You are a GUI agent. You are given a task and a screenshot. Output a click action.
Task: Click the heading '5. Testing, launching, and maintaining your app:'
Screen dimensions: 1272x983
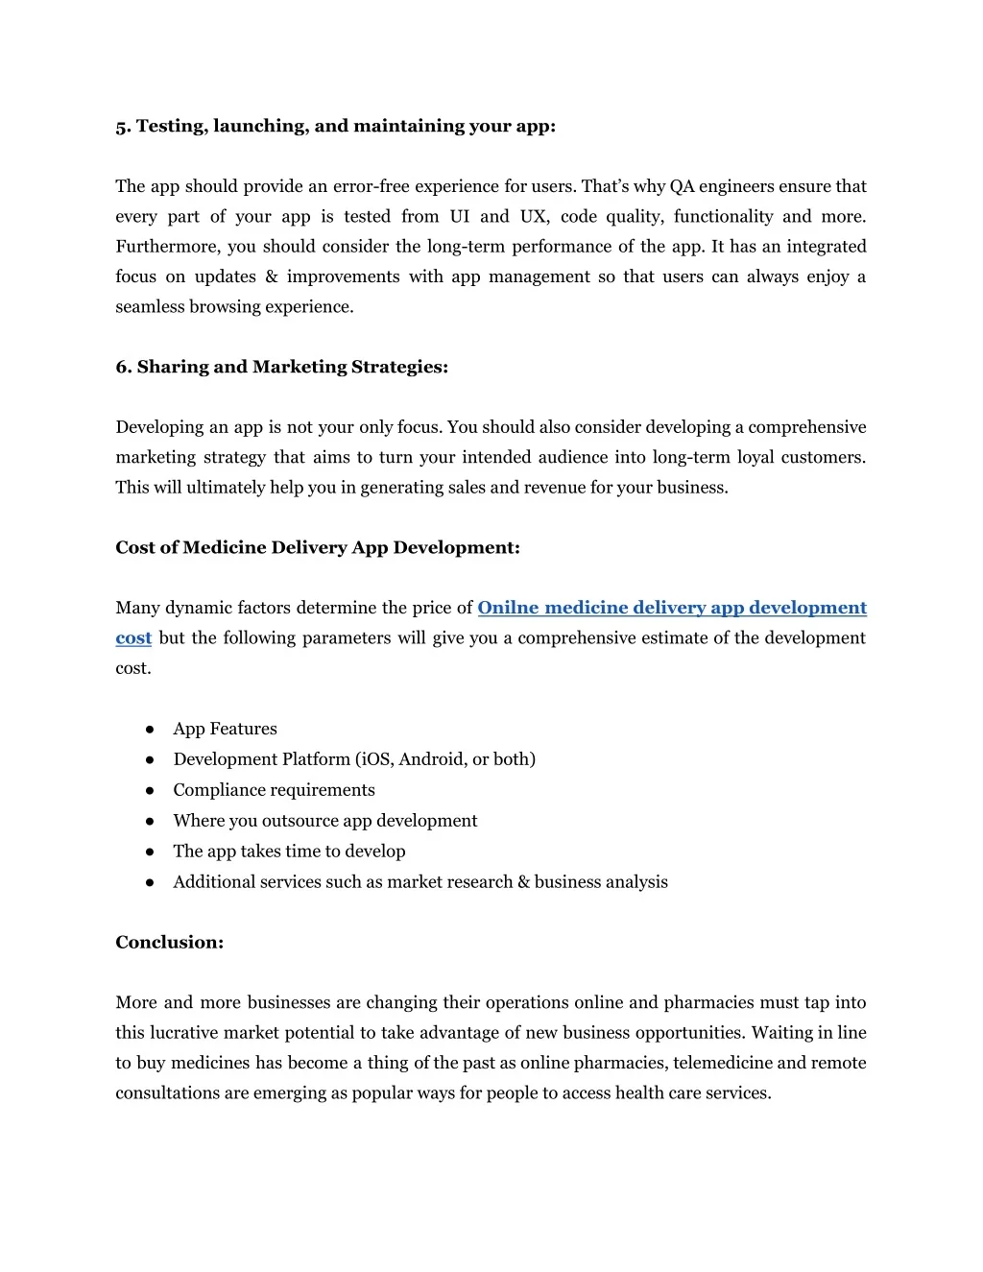[x=335, y=127]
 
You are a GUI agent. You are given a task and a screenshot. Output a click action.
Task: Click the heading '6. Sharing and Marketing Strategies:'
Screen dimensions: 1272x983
[x=281, y=367]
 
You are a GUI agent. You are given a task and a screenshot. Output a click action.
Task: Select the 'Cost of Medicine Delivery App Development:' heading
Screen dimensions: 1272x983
[x=318, y=547]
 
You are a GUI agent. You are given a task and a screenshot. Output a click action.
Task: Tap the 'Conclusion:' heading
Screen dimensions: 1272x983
[x=169, y=942]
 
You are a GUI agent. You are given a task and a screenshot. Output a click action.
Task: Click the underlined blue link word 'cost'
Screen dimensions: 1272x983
[x=133, y=638]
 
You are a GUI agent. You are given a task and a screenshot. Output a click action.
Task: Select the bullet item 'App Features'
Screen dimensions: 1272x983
[x=225, y=729]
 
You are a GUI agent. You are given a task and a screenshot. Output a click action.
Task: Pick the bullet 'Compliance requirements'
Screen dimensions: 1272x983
[x=274, y=790]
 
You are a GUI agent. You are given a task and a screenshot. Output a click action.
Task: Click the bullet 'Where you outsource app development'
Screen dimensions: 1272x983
[x=324, y=821]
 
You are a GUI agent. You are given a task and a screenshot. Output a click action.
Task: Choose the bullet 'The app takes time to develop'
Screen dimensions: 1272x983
[x=289, y=852]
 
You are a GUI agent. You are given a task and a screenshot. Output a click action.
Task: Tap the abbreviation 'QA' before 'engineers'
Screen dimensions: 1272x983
[x=682, y=186]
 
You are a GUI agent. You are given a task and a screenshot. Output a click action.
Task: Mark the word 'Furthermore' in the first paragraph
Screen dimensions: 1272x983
[x=166, y=247]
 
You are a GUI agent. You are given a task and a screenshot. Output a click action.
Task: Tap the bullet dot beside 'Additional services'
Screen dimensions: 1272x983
[x=151, y=882]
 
